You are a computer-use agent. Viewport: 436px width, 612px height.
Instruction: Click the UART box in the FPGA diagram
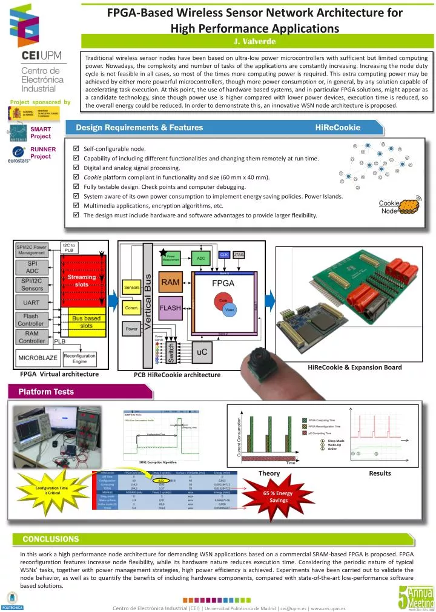[31, 301]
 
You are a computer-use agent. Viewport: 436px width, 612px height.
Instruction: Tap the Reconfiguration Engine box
[79, 358]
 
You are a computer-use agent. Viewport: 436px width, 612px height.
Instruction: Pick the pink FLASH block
[170, 308]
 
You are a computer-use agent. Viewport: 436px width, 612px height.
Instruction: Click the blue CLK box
[223, 255]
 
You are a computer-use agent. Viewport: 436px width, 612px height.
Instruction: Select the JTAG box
[239, 255]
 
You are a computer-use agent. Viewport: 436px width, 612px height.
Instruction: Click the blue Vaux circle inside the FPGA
[230, 309]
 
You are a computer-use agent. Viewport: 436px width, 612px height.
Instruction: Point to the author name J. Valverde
[254, 41]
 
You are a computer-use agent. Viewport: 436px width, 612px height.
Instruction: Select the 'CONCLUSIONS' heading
[51, 538]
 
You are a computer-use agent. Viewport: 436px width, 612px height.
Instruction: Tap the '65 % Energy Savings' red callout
[279, 496]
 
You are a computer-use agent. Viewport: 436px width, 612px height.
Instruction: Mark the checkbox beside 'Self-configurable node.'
[75, 148]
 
